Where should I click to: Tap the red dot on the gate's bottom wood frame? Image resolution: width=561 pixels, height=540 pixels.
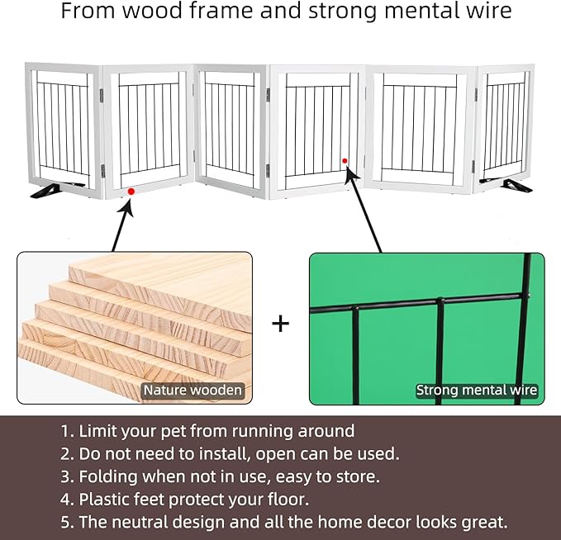131,192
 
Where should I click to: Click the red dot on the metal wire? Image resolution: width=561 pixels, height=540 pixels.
345,161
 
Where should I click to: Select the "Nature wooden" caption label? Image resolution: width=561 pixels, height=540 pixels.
193,390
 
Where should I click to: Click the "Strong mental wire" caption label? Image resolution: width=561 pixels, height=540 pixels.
477,390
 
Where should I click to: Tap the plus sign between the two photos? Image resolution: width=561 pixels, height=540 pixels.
281,324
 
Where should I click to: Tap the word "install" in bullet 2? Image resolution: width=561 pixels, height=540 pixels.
225,454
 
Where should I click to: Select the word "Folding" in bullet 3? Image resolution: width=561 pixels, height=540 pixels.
108,476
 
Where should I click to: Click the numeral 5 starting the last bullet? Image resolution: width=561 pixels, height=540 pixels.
64,522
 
